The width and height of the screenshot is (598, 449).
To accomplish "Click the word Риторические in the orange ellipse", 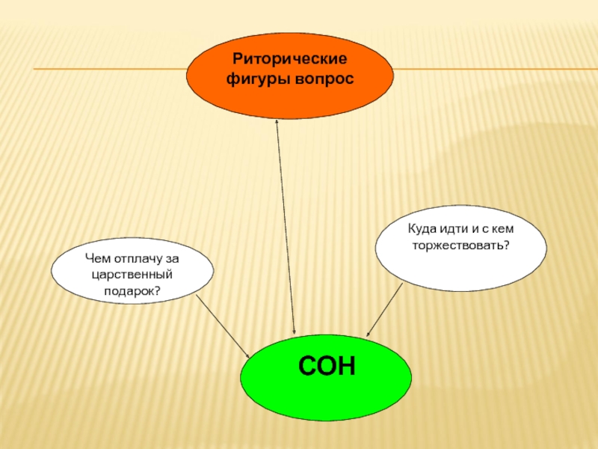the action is click(x=289, y=58).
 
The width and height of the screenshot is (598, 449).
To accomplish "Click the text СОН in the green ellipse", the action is click(x=327, y=367).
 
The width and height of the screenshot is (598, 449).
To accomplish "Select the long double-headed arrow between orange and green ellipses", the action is click(x=286, y=224).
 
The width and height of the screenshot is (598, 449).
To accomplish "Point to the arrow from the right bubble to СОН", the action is click(x=384, y=310).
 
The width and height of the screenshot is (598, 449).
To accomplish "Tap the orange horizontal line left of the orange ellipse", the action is click(x=112, y=70).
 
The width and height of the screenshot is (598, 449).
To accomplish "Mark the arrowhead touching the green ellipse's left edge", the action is click(x=249, y=355).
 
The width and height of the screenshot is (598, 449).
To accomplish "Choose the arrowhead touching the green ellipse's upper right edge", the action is click(x=369, y=334).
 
